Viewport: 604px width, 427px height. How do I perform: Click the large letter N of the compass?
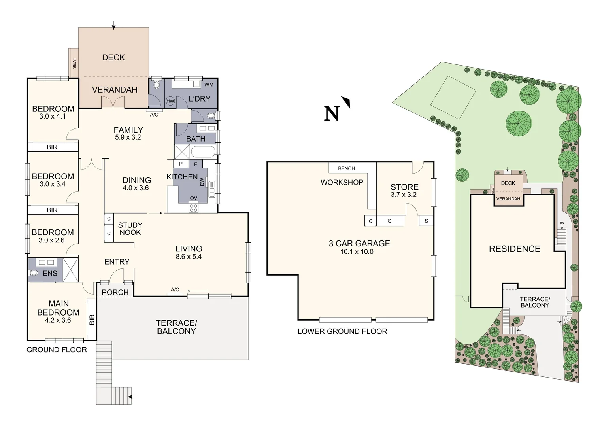[x=332, y=113]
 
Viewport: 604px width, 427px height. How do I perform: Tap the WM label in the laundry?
[x=209, y=85]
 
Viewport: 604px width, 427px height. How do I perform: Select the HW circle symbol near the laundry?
[x=170, y=101]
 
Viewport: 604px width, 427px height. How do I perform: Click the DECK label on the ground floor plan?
[x=113, y=58]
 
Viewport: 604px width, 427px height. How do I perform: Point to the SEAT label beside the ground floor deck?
[x=74, y=63]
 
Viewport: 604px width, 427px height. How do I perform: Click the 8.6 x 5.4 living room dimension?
[x=189, y=257]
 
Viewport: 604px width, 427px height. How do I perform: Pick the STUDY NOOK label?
[x=130, y=229]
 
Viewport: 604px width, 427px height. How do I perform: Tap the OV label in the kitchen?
[x=193, y=198]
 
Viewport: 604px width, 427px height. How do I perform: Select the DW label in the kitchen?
[x=202, y=182]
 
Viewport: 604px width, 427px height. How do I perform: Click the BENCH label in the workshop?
[x=346, y=168]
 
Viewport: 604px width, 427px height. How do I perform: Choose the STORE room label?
[x=404, y=187]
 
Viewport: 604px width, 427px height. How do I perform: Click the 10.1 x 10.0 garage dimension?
[x=357, y=252]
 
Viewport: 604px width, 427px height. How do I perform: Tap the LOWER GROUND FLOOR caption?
[x=342, y=331]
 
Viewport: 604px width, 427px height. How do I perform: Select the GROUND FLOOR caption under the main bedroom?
[x=57, y=350]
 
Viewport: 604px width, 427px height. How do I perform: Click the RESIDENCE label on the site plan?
[x=514, y=249]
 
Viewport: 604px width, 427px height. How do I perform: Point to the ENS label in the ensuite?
[x=50, y=273]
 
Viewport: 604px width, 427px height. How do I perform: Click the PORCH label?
[x=115, y=292]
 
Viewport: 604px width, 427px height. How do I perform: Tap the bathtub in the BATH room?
[x=203, y=151]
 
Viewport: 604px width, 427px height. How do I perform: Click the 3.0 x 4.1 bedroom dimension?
[x=53, y=117]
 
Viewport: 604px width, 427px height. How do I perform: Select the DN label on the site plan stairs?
[x=562, y=223]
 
